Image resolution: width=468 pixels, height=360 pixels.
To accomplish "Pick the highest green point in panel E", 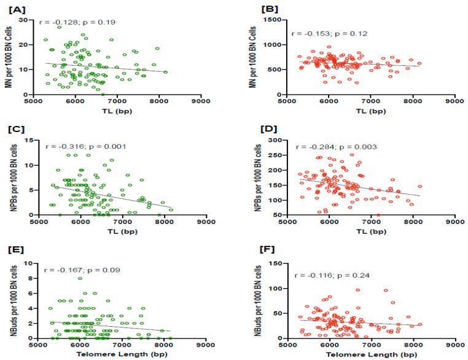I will click(80, 278).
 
